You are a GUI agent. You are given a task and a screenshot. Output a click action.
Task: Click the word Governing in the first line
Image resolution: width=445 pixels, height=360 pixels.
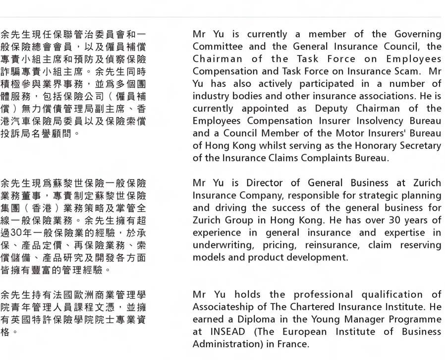click(x=418, y=34)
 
